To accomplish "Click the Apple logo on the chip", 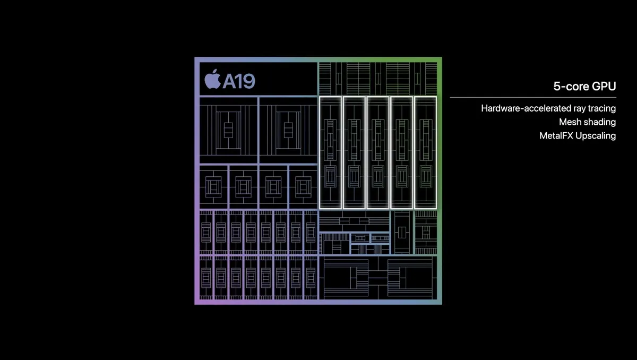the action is pyautogui.click(x=212, y=80).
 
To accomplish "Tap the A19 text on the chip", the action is pyautogui.click(x=239, y=81).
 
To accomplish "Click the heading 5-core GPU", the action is pyautogui.click(x=584, y=86).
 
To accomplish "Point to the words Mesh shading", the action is pyautogui.click(x=587, y=122).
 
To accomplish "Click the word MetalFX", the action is pyautogui.click(x=556, y=135).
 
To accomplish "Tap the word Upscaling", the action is pyautogui.click(x=596, y=136).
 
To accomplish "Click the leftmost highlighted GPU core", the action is pyautogui.click(x=330, y=153).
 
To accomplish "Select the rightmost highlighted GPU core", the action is pyautogui.click(x=425, y=153).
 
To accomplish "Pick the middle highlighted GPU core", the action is pyautogui.click(x=378, y=153).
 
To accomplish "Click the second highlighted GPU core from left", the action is pyautogui.click(x=354, y=153).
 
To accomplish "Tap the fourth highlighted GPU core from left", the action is pyautogui.click(x=401, y=153).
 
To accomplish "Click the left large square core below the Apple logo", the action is pyautogui.click(x=228, y=130).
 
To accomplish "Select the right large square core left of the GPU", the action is pyautogui.click(x=288, y=130).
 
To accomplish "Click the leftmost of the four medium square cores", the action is pyautogui.click(x=213, y=187).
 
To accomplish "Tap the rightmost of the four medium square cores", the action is pyautogui.click(x=303, y=187).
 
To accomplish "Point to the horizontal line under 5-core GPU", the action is pyautogui.click(x=533, y=98).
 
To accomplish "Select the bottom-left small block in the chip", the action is pyautogui.click(x=206, y=278).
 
